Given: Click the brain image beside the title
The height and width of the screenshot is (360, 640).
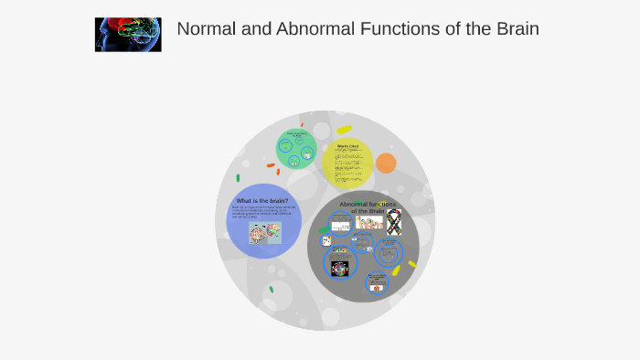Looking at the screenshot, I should [128, 34].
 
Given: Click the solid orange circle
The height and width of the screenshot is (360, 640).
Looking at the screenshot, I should [386, 164].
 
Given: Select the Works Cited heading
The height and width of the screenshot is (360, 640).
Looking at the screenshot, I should [348, 146].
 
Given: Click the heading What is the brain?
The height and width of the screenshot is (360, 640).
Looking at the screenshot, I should [262, 200].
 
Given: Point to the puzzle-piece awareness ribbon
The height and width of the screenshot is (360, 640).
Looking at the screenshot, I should [394, 221].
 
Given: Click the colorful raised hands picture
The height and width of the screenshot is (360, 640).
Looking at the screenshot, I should [368, 222].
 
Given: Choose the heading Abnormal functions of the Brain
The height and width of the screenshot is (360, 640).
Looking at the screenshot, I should [367, 206].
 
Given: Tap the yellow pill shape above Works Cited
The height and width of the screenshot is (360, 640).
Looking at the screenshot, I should [344, 130].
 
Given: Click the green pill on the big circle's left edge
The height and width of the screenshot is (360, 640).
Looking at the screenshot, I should [238, 178].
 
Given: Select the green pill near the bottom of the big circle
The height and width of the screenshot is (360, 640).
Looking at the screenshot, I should [271, 290].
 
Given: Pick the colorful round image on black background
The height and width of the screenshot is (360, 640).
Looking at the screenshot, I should [340, 269].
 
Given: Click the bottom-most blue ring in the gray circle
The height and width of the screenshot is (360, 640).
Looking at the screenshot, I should [378, 283].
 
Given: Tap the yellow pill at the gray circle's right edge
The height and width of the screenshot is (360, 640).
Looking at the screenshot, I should [412, 264].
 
